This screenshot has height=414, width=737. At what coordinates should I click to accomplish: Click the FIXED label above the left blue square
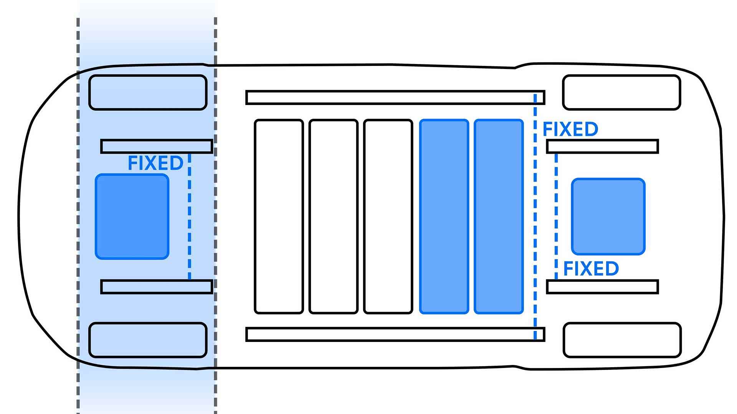[x=155, y=163]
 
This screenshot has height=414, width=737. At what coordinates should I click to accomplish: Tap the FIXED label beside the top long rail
[x=570, y=130]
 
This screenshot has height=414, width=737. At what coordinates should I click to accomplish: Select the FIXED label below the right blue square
[x=591, y=269]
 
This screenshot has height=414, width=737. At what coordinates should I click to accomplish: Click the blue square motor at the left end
[x=132, y=217]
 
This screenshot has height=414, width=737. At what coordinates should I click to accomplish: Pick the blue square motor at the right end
[x=608, y=217]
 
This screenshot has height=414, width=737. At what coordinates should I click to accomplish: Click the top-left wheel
[x=148, y=92]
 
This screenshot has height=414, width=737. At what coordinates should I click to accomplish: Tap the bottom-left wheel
[x=148, y=340]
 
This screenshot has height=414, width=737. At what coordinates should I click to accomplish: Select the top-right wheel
[x=621, y=92]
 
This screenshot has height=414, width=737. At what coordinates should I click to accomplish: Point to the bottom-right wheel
[x=622, y=340]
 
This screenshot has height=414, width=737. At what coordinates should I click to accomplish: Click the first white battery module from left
[x=279, y=217]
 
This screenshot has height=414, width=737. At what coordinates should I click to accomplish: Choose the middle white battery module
[x=333, y=217]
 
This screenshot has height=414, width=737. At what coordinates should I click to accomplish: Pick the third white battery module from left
[x=388, y=217]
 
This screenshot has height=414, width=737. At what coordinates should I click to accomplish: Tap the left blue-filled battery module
[x=444, y=217]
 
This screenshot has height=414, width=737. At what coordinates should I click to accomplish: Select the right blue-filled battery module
[x=499, y=217]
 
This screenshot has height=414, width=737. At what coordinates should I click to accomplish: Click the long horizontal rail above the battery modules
[x=395, y=97]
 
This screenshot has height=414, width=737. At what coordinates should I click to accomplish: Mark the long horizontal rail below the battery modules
[x=395, y=334]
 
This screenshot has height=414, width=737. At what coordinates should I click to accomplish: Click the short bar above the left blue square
[x=157, y=146]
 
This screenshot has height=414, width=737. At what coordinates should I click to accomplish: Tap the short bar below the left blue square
[x=157, y=287]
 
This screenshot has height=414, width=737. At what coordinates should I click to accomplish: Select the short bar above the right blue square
[x=602, y=146]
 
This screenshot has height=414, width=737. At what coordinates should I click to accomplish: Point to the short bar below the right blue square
[x=602, y=287]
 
